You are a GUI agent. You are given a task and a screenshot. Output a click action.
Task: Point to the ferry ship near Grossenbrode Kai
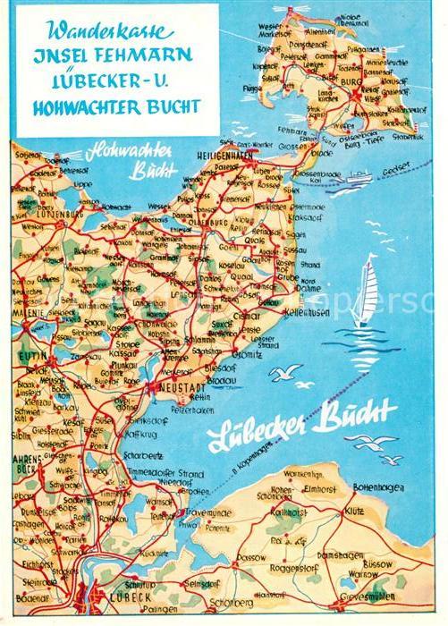pyautogui.click(x=358, y=175)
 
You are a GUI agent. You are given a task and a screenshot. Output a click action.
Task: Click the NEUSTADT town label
pyautogui.click(x=173, y=388)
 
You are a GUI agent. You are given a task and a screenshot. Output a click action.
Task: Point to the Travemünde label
pyautogui.click(x=207, y=512)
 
